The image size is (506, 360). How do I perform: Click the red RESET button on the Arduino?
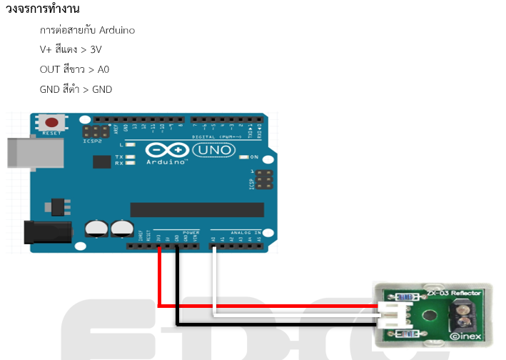pos(52,122)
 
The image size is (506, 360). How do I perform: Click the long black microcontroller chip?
pos(196,210)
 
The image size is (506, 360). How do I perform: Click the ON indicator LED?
pos(244,156)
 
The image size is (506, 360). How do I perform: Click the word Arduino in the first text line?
pos(117,31)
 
